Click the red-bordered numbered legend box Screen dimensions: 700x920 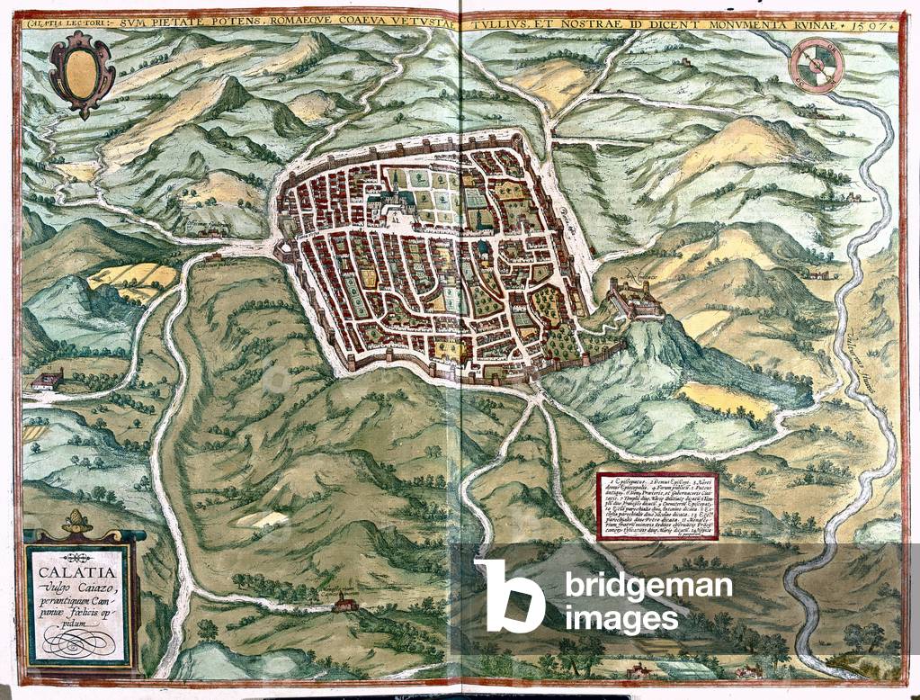[x=657, y=505]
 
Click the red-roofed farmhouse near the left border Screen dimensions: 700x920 [x=46, y=381]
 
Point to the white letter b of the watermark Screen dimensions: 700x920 [x=509, y=595]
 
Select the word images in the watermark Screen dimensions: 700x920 [x=621, y=619]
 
